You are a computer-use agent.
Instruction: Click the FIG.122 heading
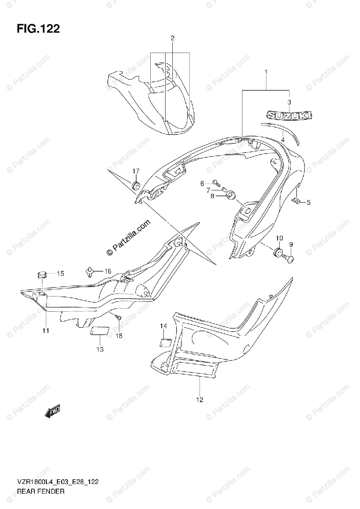(38, 29)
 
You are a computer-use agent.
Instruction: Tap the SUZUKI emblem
(289, 115)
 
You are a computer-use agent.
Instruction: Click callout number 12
(200, 400)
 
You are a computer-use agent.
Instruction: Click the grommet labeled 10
(278, 252)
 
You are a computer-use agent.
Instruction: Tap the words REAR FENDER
(41, 492)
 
